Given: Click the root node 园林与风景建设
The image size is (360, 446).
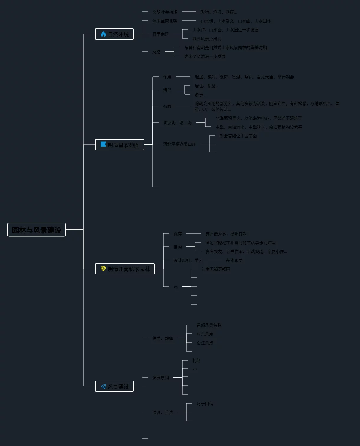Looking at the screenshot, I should point(37,230).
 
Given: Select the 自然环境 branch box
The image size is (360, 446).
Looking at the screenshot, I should point(114,34).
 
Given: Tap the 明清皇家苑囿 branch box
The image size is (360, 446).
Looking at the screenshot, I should point(119,145).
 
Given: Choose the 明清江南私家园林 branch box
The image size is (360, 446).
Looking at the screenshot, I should point(125,269).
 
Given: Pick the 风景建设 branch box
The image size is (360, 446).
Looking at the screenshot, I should point(114,386).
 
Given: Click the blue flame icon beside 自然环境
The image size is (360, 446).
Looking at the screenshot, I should point(103,34).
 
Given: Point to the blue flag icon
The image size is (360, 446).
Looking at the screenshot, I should point(103,144).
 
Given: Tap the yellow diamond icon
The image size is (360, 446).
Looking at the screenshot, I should point(103,269).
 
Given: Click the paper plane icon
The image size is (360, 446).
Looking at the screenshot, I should point(103,386).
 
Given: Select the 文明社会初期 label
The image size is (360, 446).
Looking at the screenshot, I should point(165,12).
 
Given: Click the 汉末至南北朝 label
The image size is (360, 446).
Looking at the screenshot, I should point(165,21).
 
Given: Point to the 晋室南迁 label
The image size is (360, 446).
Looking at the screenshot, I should point(161,34).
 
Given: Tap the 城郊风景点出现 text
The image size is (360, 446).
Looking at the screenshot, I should point(207,39).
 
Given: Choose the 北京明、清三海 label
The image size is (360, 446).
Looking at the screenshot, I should point(177,123).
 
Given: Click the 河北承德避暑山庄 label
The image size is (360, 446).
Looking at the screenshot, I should point(180,144).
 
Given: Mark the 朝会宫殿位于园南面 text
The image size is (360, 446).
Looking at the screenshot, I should point(238,136).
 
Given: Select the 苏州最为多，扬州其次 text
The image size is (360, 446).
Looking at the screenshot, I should point(226,234).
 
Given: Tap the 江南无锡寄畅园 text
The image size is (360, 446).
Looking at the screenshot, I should point(216,269).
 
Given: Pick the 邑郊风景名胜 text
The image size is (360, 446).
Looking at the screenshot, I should point(209,325).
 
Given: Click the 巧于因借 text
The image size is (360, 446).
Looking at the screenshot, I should point(205,404).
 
